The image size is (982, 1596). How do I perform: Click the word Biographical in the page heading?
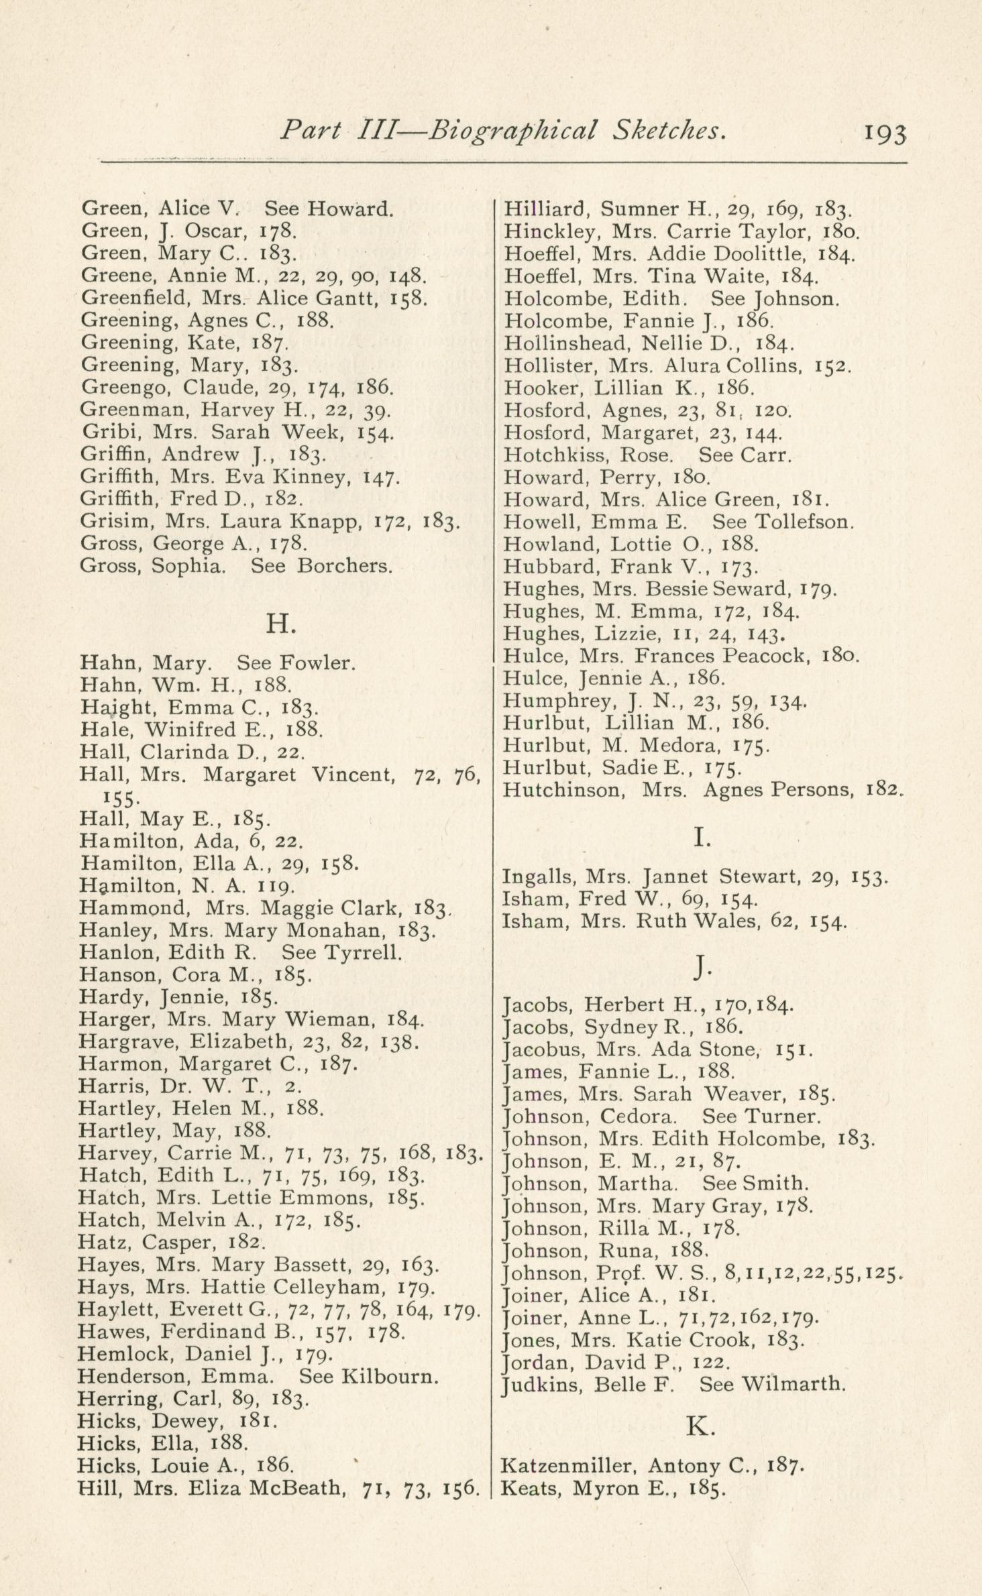(x=512, y=130)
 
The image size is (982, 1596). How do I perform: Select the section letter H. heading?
(x=281, y=624)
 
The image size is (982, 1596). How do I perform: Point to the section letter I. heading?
(x=702, y=838)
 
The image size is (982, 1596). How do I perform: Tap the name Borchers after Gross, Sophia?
(x=344, y=566)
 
